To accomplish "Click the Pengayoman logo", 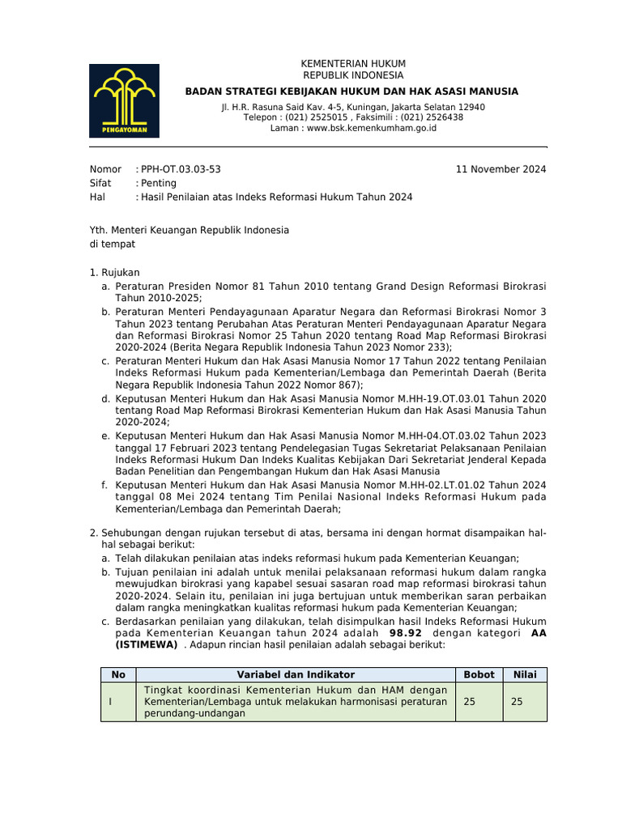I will coord(124,100).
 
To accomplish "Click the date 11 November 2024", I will coord(501,169).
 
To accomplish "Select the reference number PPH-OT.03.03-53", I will coord(181,169).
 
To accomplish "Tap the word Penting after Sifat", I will coord(159,183).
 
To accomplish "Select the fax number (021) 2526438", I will coord(425,117).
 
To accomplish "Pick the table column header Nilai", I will coord(525,674).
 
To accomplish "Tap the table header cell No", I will coord(118,674).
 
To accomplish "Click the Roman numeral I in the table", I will coord(111,702).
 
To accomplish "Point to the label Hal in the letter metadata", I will coord(96,197).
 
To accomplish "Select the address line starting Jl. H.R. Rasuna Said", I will coord(353,107).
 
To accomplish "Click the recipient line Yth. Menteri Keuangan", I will coord(189,230).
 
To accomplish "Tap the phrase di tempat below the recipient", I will coord(112,244).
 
